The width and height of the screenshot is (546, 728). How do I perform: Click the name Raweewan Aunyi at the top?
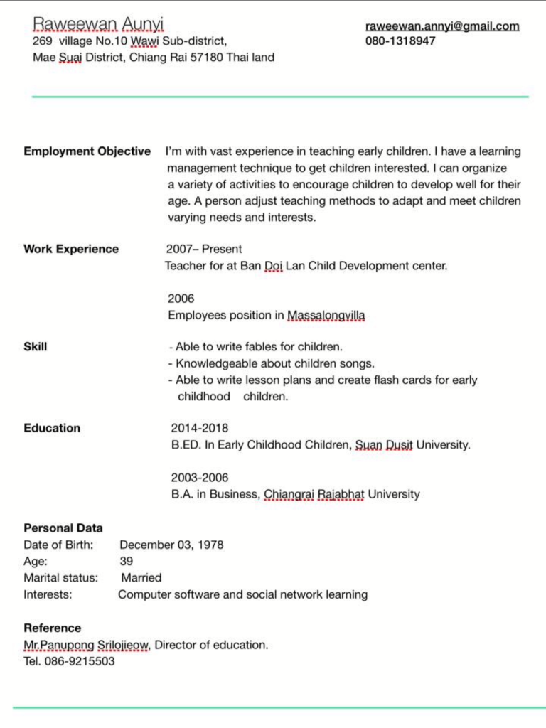(x=98, y=25)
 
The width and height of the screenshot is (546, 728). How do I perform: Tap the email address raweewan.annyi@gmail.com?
(x=442, y=26)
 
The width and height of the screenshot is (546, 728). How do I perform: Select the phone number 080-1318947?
(x=400, y=41)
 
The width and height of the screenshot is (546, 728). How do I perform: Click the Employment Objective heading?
(x=87, y=151)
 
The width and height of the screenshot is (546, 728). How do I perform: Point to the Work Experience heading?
(x=71, y=249)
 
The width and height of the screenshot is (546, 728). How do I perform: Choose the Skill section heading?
(x=36, y=347)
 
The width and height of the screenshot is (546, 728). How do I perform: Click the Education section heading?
(x=52, y=428)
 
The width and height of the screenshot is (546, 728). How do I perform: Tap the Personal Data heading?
(x=63, y=528)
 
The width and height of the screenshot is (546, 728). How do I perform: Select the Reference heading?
(x=53, y=628)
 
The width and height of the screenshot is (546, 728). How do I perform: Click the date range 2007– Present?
(x=204, y=250)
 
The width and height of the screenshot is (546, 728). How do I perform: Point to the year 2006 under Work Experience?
(x=181, y=299)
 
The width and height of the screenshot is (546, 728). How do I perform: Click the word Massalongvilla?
(x=326, y=315)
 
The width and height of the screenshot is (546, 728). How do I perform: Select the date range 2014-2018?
(x=200, y=428)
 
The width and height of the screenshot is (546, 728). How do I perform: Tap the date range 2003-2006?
(x=200, y=478)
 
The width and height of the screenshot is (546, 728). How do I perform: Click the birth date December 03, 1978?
(x=171, y=545)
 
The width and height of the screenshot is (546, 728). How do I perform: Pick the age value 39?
(x=126, y=562)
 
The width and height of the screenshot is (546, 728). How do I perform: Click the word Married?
(x=141, y=578)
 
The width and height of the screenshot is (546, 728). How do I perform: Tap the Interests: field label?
(x=48, y=594)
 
